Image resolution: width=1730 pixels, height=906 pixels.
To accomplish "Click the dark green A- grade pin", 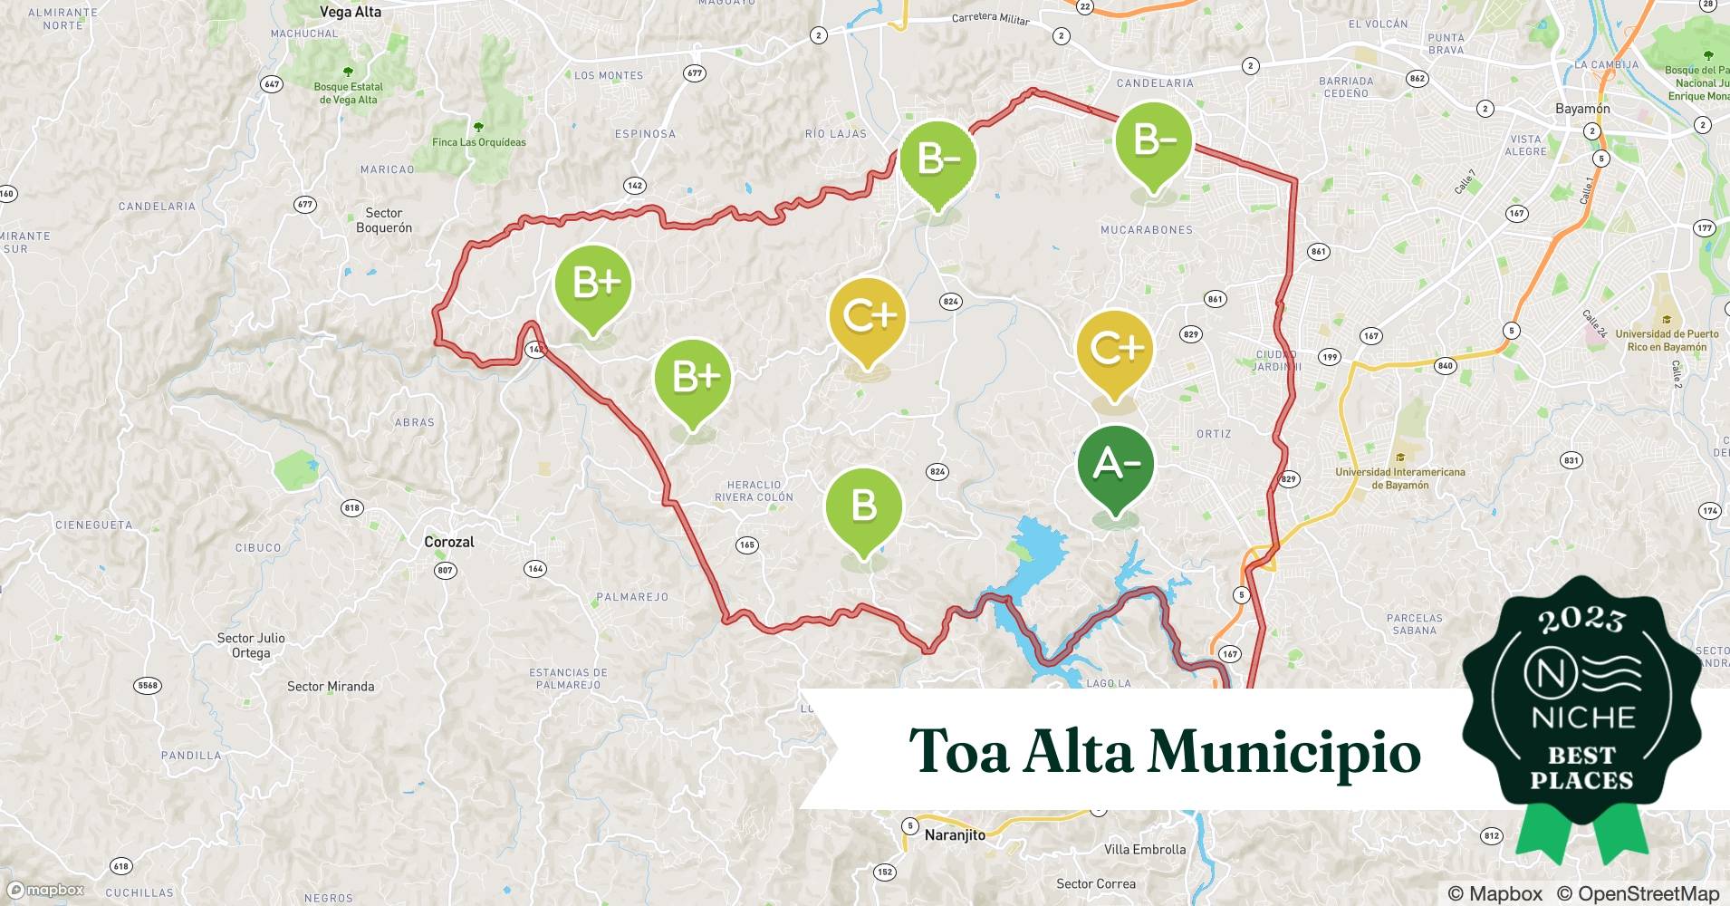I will tap(1115, 465).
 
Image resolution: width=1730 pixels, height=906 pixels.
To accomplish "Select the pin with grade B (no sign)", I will tap(863, 506).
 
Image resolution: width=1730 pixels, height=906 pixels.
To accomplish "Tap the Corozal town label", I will tap(449, 542).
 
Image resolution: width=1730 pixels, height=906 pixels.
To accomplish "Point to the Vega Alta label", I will tap(351, 12).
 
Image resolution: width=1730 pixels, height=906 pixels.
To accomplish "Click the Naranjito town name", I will tap(955, 835).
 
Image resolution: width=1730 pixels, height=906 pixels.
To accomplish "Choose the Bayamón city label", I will tap(1582, 109).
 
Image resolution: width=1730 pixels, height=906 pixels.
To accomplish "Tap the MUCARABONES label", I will tap(1146, 230).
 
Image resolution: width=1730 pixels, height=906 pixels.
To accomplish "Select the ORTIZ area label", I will tap(1214, 434).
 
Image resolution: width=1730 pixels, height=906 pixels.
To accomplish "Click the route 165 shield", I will tap(746, 545).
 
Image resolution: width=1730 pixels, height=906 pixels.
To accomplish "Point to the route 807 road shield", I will tap(445, 570).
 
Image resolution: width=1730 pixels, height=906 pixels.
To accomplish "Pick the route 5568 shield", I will tap(148, 685).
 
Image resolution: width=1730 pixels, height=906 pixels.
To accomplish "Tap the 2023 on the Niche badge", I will tap(1581, 620).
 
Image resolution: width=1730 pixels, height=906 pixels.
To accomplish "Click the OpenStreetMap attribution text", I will tap(1638, 893).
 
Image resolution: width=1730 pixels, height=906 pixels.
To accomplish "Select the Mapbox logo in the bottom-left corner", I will tap(46, 890).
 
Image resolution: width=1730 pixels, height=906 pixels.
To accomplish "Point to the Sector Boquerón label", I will tap(384, 220).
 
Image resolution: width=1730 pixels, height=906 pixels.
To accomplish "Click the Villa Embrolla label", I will tap(1145, 850).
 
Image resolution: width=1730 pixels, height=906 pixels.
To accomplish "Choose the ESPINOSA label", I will tap(645, 134).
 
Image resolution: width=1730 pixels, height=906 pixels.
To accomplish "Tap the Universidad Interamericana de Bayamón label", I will tap(1399, 478).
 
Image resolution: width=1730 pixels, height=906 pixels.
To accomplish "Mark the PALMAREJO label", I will tap(632, 597).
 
